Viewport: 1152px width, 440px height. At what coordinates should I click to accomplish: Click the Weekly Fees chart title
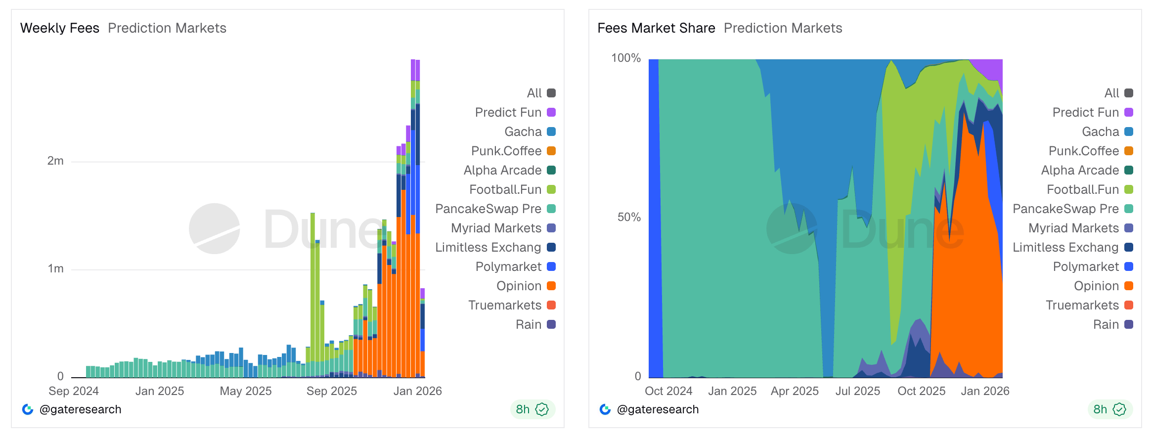point(60,28)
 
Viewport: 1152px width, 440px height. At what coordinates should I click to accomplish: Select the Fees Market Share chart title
point(656,28)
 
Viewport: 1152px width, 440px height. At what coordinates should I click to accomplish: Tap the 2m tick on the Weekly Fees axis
point(55,161)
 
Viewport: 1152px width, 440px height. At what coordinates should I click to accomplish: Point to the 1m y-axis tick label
point(55,269)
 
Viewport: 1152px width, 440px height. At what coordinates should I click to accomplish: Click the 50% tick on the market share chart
point(628,218)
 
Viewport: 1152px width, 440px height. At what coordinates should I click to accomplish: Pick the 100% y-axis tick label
point(625,58)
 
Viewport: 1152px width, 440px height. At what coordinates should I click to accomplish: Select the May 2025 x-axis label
point(246,391)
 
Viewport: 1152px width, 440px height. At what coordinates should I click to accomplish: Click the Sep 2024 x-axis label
point(74,391)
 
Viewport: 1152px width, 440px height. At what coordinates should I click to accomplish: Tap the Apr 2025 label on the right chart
point(795,391)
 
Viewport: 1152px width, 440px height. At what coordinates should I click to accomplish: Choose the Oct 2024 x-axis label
point(668,391)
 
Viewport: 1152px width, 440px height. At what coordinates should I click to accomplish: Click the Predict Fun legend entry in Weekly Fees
point(515,113)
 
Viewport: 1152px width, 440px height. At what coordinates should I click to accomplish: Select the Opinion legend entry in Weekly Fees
point(526,286)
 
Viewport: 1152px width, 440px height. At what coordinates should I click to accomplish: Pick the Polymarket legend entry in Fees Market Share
point(1092,267)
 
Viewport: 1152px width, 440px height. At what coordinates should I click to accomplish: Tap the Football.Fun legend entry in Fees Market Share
point(1089,190)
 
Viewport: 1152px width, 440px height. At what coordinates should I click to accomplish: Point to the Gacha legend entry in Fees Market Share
point(1107,132)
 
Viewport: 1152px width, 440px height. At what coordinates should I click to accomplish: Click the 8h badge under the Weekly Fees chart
point(532,409)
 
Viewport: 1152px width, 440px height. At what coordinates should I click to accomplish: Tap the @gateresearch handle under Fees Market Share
point(658,409)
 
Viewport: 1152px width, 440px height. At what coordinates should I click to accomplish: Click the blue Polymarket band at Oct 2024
point(653,218)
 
